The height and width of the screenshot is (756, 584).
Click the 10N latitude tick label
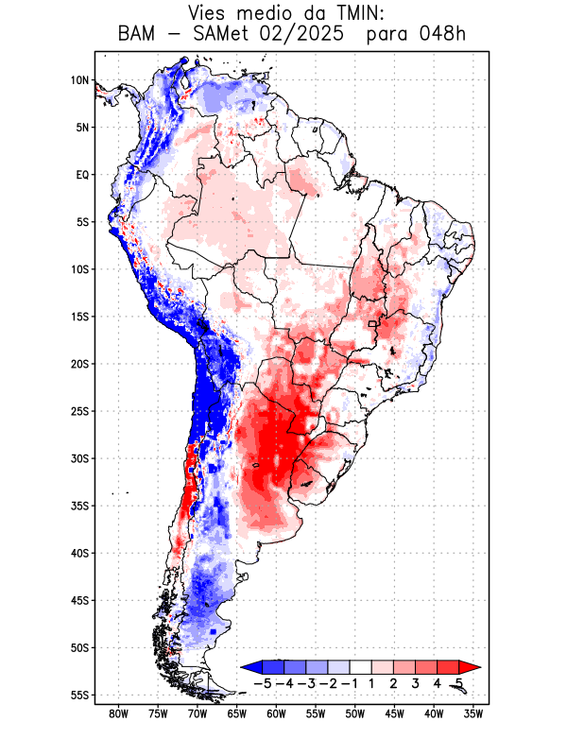click(x=79, y=80)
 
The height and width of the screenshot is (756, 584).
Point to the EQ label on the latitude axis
click(x=82, y=175)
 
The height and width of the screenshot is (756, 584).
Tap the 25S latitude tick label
click(x=78, y=411)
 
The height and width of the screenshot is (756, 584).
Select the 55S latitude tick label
click(x=78, y=696)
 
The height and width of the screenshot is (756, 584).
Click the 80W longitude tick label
click(x=118, y=714)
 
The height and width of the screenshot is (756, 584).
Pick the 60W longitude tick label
click(x=276, y=714)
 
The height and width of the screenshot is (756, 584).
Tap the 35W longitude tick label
click(x=473, y=714)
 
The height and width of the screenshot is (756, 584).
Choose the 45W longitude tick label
click(x=395, y=714)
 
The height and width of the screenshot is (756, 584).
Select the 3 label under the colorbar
click(x=416, y=682)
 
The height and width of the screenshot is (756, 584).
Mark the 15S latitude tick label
click(x=78, y=317)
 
